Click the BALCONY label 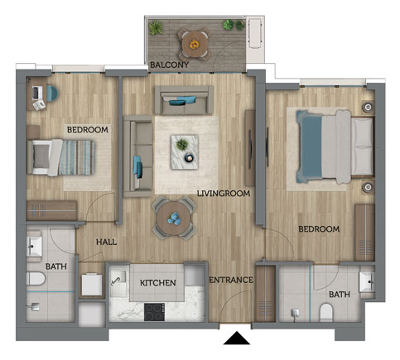[169, 65]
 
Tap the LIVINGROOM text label [224, 194]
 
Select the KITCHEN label [158, 283]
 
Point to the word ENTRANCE [231, 281]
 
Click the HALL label [106, 242]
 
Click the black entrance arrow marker [237, 338]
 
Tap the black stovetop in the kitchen [154, 312]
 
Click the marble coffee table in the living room [185, 151]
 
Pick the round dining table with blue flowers [174, 218]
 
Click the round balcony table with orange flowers [195, 44]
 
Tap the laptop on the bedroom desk [36, 93]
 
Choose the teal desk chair [52, 94]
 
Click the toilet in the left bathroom [36, 279]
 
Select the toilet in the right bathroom [326, 313]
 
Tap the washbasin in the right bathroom [367, 282]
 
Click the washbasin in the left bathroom [34, 246]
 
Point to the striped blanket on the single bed [77, 157]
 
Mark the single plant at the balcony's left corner [156, 27]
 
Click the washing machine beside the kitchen [92, 285]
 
